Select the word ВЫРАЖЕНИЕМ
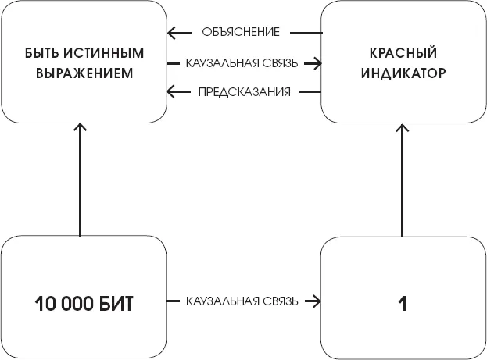[x=84, y=74]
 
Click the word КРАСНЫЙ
[x=403, y=55]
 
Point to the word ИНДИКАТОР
[x=403, y=74]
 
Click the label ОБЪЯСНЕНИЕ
[x=241, y=33]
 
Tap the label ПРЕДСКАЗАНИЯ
[x=245, y=92]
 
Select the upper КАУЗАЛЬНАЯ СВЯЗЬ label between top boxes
[x=242, y=62]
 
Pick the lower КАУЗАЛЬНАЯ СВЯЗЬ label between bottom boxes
[x=242, y=301]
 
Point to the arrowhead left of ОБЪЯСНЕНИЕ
[x=172, y=33]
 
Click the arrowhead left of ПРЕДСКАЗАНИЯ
[x=172, y=92]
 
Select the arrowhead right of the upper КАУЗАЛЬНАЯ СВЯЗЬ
[x=317, y=62]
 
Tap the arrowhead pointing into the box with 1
[x=317, y=301]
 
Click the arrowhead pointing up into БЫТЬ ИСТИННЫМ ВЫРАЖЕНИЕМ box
[x=81, y=126]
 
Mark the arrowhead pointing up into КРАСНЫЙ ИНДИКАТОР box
[x=403, y=126]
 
